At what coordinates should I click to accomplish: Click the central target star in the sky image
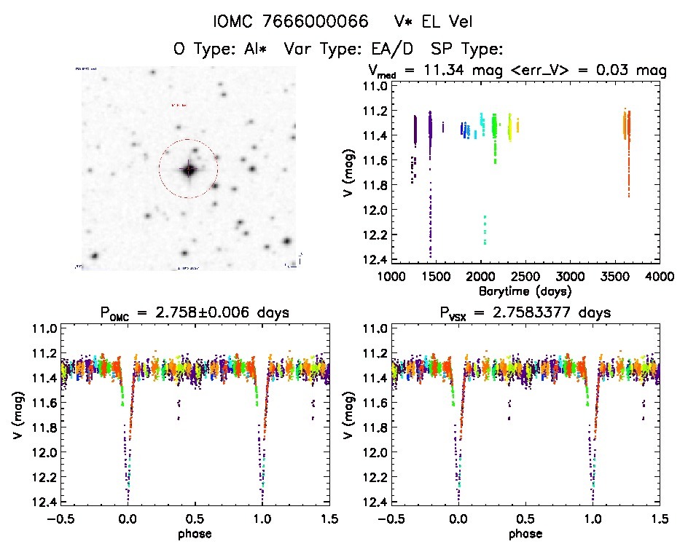[x=189, y=170]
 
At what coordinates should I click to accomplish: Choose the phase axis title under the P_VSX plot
[x=525, y=533]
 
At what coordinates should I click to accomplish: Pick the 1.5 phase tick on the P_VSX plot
[x=659, y=519]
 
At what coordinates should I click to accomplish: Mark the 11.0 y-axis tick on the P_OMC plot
[x=38, y=329]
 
